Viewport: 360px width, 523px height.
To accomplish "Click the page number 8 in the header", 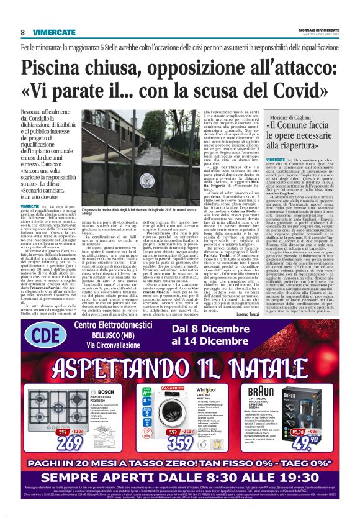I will (x=23, y=32).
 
